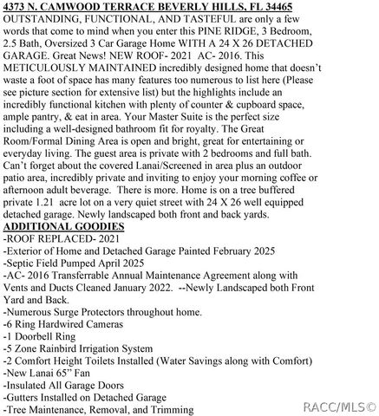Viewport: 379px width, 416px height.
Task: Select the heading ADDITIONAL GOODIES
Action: pos(65,227)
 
